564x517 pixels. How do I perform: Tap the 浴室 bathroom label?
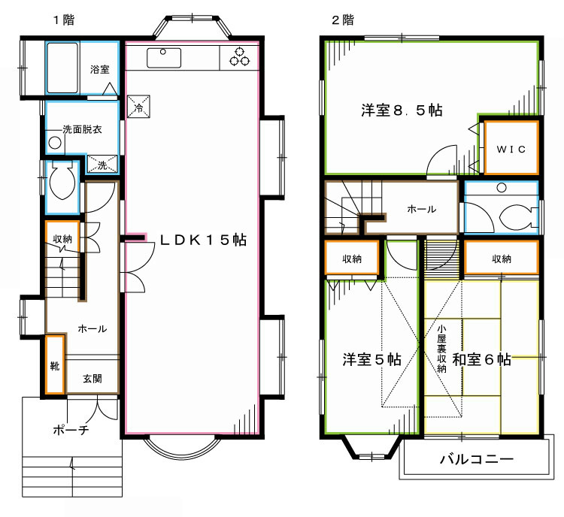pos(100,69)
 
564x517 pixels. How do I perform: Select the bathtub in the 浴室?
pos(63,68)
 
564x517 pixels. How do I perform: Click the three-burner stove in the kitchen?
pos(240,57)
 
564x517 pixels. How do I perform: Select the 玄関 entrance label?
pos(92,378)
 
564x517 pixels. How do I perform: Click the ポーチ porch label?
pos(71,431)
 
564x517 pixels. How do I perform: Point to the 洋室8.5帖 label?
pos(401,110)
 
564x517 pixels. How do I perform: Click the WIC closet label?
pos(511,148)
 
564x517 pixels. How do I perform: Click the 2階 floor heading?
pos(342,20)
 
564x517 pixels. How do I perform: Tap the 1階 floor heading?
pos(63,20)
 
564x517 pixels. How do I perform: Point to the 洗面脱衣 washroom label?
pos(83,128)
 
